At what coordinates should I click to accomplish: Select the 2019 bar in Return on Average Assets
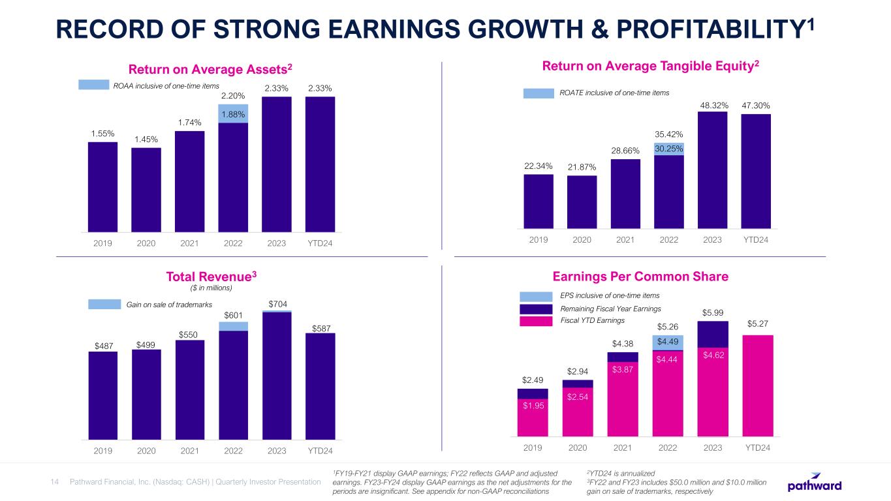102,186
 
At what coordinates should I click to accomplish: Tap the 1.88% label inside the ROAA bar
233,114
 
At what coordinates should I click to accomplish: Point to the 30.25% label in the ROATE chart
669,149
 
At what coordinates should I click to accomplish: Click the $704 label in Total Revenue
277,304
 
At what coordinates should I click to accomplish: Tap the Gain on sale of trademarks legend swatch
105,305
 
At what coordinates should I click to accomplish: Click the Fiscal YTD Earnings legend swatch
535,321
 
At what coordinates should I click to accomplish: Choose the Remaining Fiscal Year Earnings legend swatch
535,309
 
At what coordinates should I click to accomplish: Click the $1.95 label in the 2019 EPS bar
533,406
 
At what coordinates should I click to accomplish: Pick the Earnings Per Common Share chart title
640,277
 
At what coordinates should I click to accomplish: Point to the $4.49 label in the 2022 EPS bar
668,342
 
